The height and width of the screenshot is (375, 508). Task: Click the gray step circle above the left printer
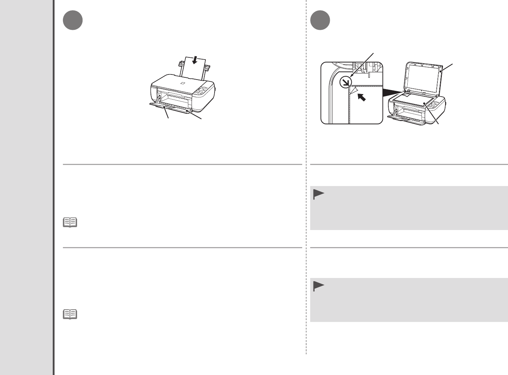point(72,21)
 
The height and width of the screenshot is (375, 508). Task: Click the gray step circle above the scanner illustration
point(320,21)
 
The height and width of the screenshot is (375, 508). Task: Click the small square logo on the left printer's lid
point(182,84)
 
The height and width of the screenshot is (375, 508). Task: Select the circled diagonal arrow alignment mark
point(344,82)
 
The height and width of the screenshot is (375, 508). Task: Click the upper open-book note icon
point(70,222)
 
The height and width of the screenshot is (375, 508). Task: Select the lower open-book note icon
point(70,314)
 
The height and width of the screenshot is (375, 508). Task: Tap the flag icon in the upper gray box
point(318,195)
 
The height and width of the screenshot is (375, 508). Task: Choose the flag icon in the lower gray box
point(318,287)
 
